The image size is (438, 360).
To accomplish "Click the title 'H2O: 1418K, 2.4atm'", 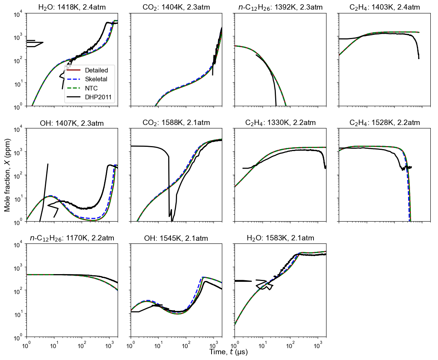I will pos(72,7).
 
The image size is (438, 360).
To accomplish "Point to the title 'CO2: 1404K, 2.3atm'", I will pos(176,7).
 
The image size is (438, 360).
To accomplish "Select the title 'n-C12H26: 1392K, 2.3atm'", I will pos(281,7).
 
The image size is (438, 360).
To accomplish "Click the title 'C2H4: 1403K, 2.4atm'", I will pos(385,7).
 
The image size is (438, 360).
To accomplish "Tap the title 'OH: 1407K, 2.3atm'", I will pos(72,123).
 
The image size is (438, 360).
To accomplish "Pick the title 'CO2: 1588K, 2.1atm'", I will pos(176,123).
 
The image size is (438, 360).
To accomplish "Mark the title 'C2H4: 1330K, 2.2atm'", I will pos(281,123).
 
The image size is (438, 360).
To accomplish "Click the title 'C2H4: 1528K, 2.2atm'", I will pos(385,123).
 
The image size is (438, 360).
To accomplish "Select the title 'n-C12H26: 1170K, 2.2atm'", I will pos(72,238).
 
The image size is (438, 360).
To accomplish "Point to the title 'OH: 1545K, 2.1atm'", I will pos(176,238).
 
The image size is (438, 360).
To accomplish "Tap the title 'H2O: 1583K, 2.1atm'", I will pos(281,238).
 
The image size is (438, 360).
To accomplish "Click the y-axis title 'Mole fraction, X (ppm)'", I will pos(8,175).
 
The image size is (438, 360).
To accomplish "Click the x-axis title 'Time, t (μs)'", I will pos(228,352).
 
